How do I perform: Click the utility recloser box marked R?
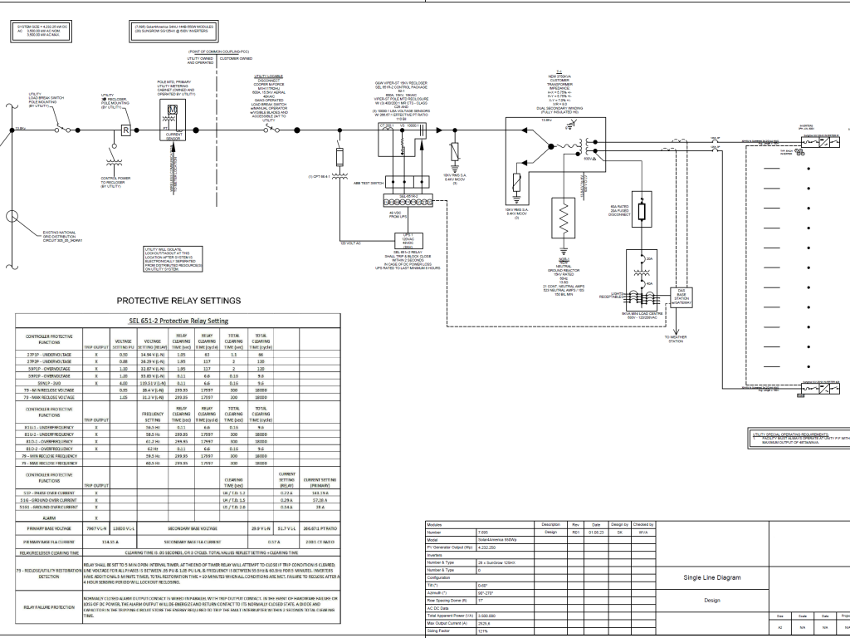point(125,130)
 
